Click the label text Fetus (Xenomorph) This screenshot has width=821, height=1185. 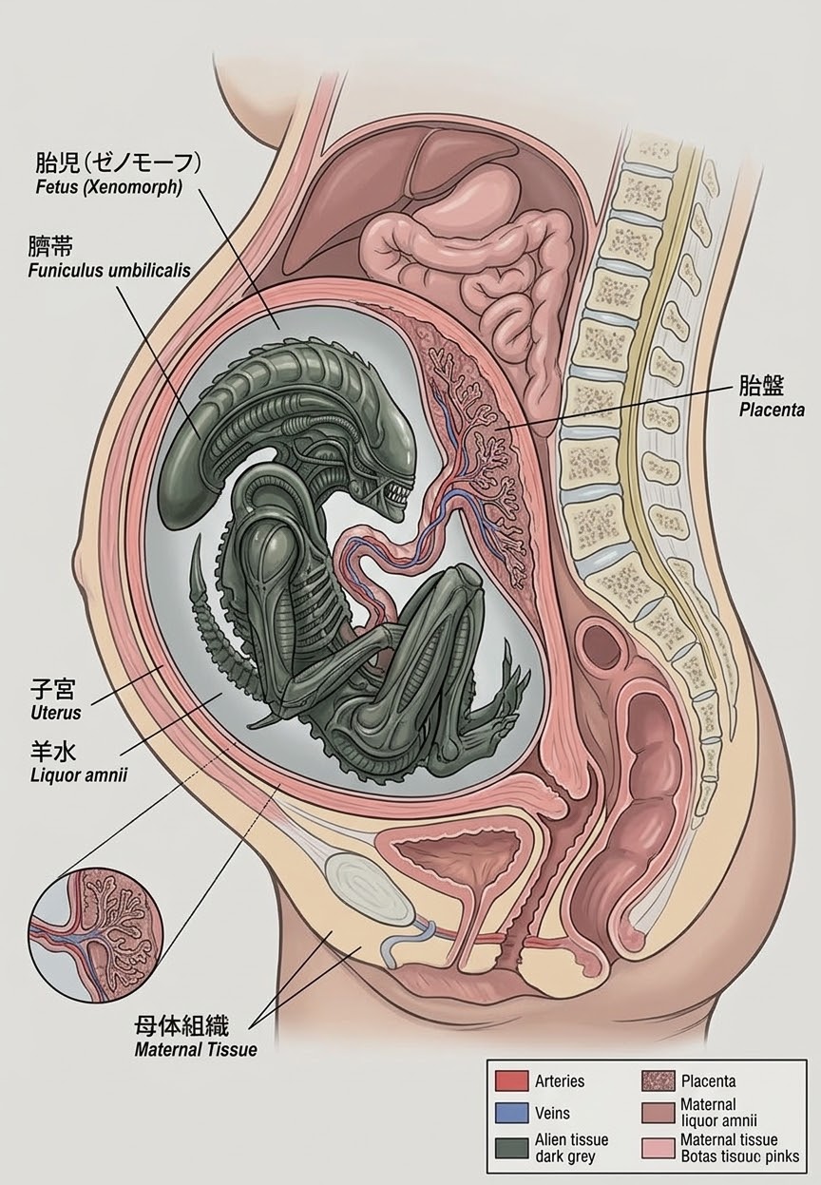(109, 187)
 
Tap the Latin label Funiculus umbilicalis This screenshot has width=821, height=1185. (109, 270)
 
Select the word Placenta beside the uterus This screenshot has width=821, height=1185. (772, 410)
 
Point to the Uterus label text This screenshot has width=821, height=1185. (56, 713)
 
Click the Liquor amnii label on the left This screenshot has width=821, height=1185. (79, 775)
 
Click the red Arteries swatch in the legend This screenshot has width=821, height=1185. (511, 1080)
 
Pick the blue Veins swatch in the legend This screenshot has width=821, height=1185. (511, 1113)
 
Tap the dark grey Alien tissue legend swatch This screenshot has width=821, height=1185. (511, 1146)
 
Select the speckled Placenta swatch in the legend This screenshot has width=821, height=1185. (659, 1080)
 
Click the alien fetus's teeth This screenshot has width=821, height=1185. (397, 495)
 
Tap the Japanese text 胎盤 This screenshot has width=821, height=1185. (761, 386)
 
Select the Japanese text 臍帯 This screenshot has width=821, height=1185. (50, 247)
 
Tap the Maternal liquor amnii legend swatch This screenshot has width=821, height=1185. (659, 1113)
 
